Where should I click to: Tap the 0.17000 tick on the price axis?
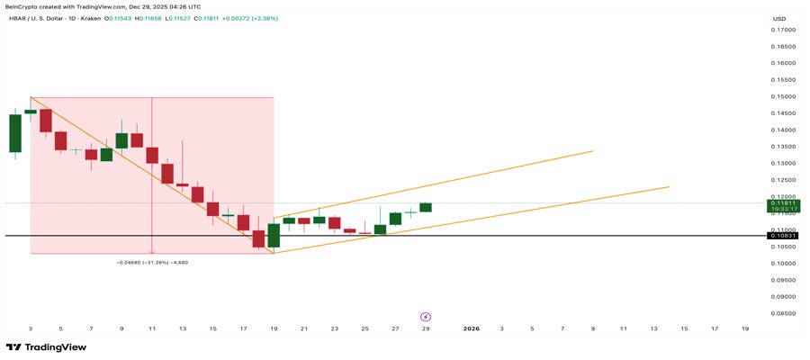(782, 30)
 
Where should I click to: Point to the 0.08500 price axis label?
(782, 313)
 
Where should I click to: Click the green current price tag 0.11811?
(782, 204)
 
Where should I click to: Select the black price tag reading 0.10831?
(782, 236)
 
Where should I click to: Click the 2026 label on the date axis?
(471, 328)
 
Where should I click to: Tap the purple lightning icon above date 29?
(426, 317)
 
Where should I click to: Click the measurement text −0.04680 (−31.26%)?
(151, 262)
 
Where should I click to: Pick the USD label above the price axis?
(778, 18)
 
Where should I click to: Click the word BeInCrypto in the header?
(26, 7)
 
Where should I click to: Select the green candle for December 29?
(426, 208)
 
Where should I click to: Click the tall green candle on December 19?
(274, 235)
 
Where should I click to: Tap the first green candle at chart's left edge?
(14, 133)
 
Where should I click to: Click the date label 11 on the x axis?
(152, 328)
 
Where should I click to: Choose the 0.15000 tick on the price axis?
(782, 96)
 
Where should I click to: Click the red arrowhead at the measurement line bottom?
(151, 251)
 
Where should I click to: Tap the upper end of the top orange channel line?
(592, 151)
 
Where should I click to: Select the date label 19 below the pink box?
(274, 328)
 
